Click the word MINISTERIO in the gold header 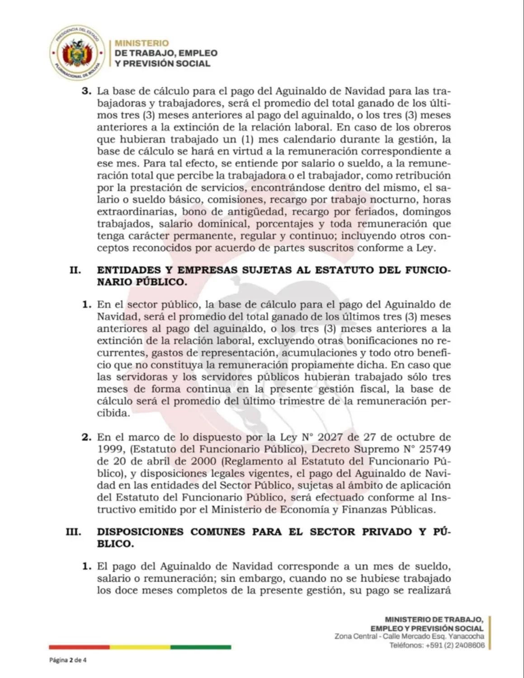(x=142, y=43)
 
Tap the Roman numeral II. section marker (x=75, y=270)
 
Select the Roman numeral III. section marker (x=73, y=532)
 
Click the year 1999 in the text (x=109, y=449)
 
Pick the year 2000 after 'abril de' (x=204, y=461)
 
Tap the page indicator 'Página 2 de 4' (x=68, y=660)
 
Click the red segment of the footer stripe (x=79, y=647)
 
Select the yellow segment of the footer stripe (x=140, y=647)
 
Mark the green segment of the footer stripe (x=201, y=647)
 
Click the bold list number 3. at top (x=86, y=91)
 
